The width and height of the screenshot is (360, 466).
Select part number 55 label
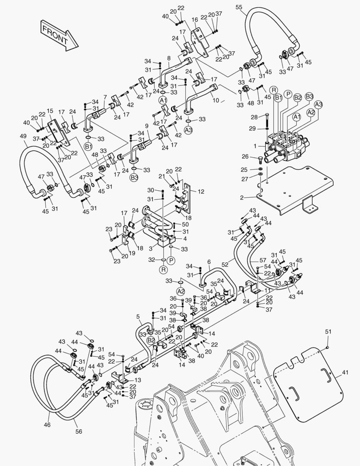[239, 7]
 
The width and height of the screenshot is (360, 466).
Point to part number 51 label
[329, 331]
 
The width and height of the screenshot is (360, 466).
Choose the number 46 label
[47, 425]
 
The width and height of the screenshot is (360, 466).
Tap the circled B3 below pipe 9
[134, 177]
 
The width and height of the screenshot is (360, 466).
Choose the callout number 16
[194, 20]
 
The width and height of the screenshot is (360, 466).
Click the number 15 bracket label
[50, 111]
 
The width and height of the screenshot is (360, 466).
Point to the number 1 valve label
[255, 146]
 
